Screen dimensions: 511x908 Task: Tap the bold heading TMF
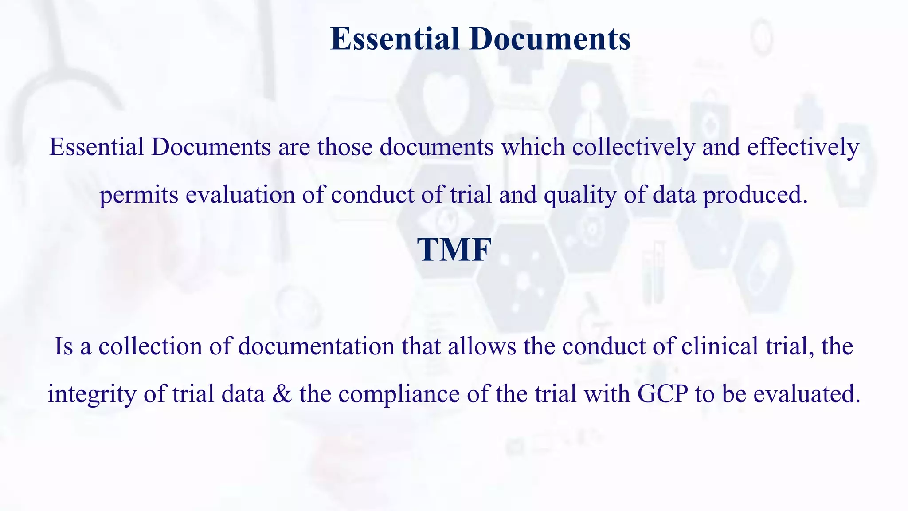(x=454, y=250)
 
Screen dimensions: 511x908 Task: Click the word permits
(x=139, y=195)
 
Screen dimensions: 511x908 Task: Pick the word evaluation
(x=240, y=195)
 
